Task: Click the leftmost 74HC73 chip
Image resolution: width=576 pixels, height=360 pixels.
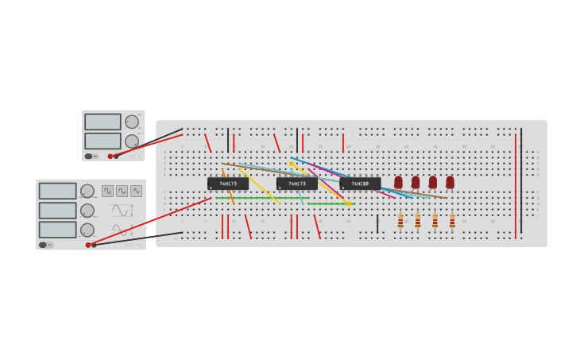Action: click(x=228, y=184)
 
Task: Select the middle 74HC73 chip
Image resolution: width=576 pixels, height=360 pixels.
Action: click(x=296, y=184)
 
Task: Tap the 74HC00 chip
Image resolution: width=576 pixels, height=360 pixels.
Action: click(x=360, y=184)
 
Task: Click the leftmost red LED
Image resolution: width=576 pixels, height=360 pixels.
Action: click(x=398, y=182)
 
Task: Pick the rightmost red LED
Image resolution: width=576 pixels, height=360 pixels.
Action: click(x=450, y=182)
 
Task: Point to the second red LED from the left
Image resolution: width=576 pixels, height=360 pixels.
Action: click(x=416, y=182)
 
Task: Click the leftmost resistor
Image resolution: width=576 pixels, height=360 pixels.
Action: click(x=400, y=221)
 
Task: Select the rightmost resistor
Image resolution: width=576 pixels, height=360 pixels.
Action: click(x=452, y=221)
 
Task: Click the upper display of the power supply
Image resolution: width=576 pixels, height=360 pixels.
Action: click(x=102, y=122)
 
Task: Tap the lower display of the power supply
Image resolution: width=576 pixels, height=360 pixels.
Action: click(x=102, y=141)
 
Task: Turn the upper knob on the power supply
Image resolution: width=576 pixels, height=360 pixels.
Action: click(x=131, y=122)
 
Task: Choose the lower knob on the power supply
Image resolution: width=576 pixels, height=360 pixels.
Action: click(x=131, y=141)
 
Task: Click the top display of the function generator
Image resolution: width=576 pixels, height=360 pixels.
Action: click(x=57, y=191)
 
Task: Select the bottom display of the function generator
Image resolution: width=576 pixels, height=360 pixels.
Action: click(x=57, y=229)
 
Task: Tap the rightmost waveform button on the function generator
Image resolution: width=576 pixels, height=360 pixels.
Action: click(x=136, y=191)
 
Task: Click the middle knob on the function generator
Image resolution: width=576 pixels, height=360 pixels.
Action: click(x=87, y=211)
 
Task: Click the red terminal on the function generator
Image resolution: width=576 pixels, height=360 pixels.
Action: click(x=87, y=245)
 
